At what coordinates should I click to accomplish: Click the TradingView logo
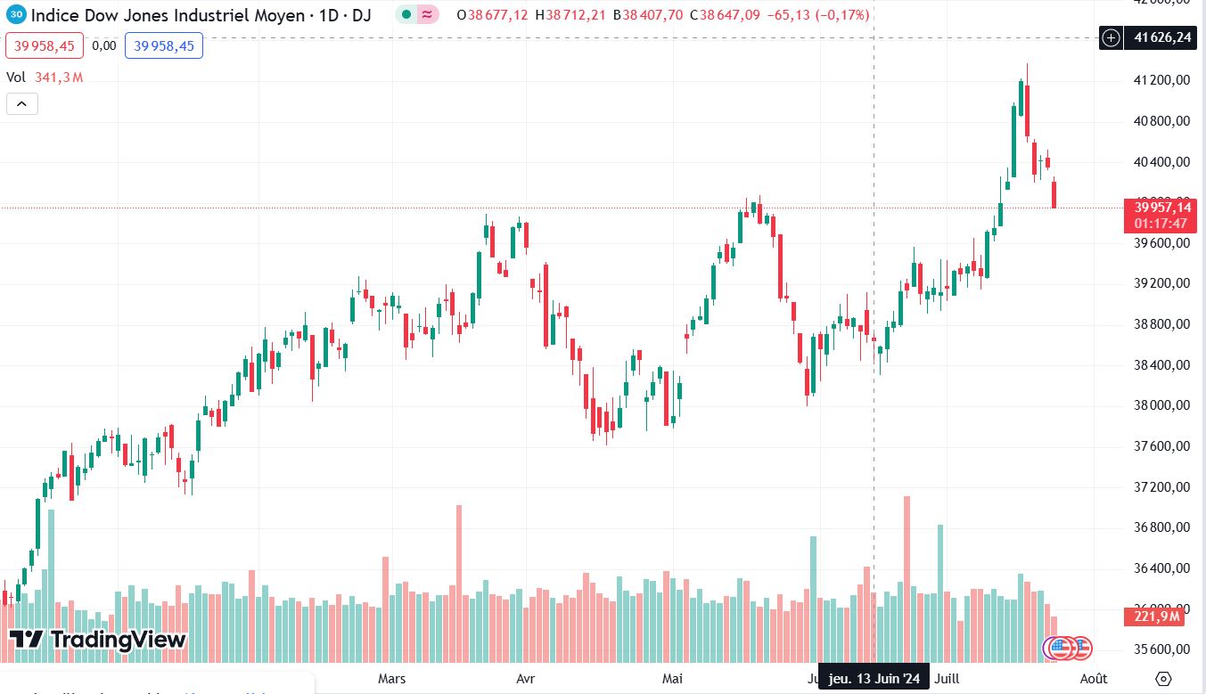tap(98, 639)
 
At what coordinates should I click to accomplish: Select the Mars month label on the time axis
tap(392, 679)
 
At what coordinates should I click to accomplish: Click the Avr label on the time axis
tap(526, 679)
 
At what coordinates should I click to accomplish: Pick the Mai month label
tap(673, 679)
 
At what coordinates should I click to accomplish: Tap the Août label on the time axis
tap(1094, 679)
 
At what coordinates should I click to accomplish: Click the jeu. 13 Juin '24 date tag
tap(874, 679)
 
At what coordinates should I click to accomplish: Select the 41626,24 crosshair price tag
tap(1158, 37)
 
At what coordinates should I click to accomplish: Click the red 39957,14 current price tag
tap(1160, 214)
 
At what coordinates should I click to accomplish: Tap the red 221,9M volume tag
tap(1158, 616)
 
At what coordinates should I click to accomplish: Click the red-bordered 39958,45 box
tap(45, 45)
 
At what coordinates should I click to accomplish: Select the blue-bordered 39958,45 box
tap(164, 45)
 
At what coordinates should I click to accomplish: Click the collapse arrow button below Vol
tap(21, 103)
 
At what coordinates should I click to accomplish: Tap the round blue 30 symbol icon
tap(17, 15)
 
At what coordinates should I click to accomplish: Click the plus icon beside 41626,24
tap(1111, 37)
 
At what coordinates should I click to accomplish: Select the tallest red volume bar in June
tap(907, 579)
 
